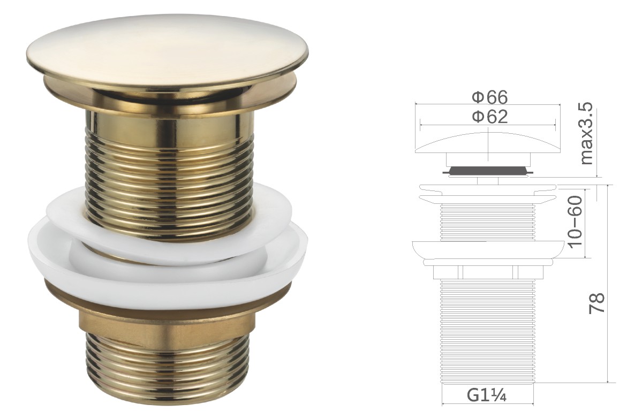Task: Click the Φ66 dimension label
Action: tap(489, 97)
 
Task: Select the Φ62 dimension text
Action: tap(489, 117)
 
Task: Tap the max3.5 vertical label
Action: tap(586, 133)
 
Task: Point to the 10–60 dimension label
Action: tap(575, 222)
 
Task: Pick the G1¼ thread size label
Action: tap(487, 396)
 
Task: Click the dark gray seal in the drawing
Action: tap(487, 170)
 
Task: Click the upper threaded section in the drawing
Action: tap(487, 221)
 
